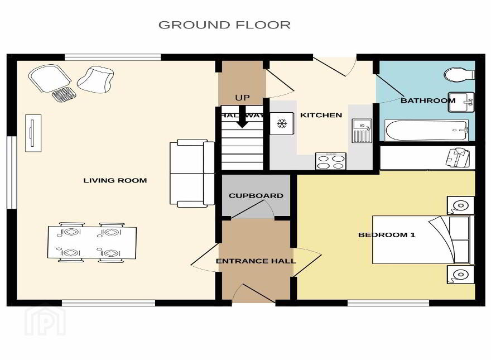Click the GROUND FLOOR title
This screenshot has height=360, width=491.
(x=224, y=25)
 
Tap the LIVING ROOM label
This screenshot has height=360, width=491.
(x=115, y=180)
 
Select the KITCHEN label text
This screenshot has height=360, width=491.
(x=321, y=115)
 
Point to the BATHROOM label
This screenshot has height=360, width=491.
(x=428, y=100)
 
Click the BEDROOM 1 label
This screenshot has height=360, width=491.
(x=387, y=234)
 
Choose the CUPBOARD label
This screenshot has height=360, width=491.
(x=256, y=196)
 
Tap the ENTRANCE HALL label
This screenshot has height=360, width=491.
(x=256, y=261)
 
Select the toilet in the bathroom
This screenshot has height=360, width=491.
(x=459, y=75)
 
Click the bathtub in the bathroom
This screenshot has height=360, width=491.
(x=427, y=131)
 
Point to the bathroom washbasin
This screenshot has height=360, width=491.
(x=461, y=102)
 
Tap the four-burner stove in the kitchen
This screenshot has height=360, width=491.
(x=331, y=161)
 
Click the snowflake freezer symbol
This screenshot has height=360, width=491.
(x=282, y=123)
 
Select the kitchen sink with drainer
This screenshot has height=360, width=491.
(x=362, y=131)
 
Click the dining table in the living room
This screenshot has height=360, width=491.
(x=92, y=242)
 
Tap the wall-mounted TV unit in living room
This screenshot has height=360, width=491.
(x=33, y=133)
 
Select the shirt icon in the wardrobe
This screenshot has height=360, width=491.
(x=458, y=157)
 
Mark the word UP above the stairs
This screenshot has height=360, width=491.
(x=242, y=98)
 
